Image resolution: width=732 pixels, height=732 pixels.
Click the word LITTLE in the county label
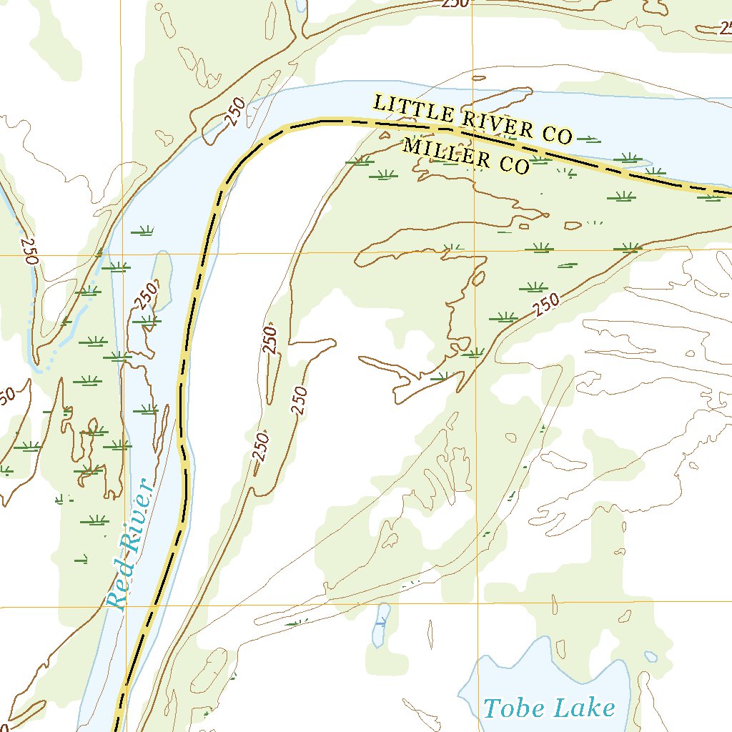412,109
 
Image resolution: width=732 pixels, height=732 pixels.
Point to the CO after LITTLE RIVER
558,134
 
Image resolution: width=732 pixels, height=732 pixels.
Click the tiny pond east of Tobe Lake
650,656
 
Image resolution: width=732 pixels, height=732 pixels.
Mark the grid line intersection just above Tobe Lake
478,603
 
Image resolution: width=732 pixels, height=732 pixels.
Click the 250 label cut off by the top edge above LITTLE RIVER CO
455,3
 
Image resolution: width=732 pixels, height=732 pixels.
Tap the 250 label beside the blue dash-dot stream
29,251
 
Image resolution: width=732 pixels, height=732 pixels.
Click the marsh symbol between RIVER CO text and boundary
588,138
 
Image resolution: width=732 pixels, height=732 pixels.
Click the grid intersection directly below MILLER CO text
474,252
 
